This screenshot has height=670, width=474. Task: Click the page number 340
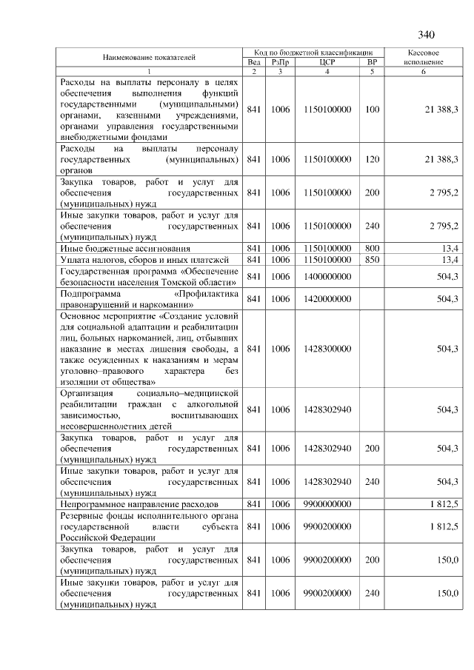(426, 35)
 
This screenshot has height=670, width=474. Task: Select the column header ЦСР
(327, 63)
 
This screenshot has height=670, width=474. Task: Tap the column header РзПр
(280, 63)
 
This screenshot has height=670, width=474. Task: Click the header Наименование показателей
(150, 57)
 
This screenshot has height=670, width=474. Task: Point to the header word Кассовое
(424, 53)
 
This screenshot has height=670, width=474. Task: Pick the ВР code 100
(372, 110)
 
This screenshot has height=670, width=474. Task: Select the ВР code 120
(372, 159)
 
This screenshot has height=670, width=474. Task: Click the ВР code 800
(372, 248)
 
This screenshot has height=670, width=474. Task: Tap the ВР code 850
(372, 259)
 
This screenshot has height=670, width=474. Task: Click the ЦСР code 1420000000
(327, 298)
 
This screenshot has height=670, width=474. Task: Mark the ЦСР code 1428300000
(327, 348)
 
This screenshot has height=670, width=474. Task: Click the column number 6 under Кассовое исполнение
(424, 72)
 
